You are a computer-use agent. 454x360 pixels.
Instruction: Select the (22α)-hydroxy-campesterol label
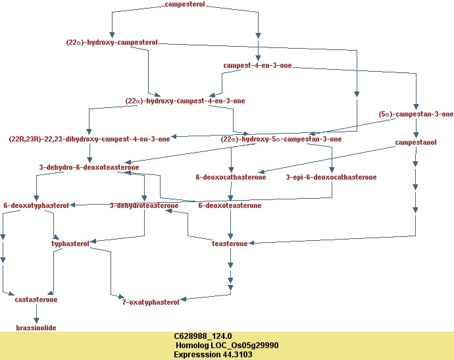click(x=112, y=42)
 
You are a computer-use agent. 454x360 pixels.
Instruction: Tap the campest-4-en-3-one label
click(x=257, y=66)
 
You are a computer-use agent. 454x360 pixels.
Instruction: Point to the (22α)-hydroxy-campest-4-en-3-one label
click(x=185, y=101)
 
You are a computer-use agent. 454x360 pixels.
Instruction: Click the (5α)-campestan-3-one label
click(x=416, y=114)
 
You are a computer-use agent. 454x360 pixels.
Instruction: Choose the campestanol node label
click(x=416, y=142)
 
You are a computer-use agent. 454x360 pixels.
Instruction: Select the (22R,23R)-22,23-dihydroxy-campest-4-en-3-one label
click(x=89, y=139)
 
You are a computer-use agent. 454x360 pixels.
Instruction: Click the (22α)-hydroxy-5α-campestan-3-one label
click(x=281, y=139)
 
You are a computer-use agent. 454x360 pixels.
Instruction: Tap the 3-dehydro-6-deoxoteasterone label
click(x=89, y=167)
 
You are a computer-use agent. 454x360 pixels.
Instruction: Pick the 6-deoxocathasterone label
click(x=231, y=177)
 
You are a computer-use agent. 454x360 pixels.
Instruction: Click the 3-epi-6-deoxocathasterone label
click(x=331, y=177)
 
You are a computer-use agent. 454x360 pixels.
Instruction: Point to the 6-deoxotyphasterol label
click(x=36, y=205)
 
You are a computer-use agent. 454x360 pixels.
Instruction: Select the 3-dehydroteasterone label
click(x=144, y=205)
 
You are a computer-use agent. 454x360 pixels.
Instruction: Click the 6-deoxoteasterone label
click(x=230, y=205)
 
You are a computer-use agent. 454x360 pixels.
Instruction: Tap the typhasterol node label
click(x=70, y=244)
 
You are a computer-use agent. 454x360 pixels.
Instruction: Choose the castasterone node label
click(x=36, y=299)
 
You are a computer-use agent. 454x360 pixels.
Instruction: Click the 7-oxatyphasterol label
click(x=151, y=302)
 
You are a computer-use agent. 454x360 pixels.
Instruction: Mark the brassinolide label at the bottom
click(x=36, y=327)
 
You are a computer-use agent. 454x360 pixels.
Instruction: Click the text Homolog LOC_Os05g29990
click(x=227, y=345)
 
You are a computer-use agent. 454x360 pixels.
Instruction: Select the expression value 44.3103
click(x=213, y=354)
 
